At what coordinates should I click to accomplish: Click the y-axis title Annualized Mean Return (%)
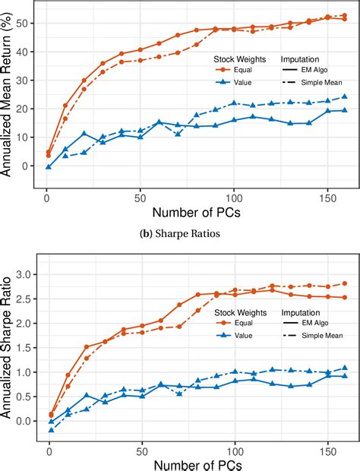click(10, 98)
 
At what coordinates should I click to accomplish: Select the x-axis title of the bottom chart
click(195, 463)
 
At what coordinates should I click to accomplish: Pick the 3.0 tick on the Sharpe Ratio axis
click(23, 274)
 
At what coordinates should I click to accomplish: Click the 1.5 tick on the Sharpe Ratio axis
click(23, 348)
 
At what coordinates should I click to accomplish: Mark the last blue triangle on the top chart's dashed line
click(345, 97)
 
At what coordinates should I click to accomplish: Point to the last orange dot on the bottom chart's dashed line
click(345, 283)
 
